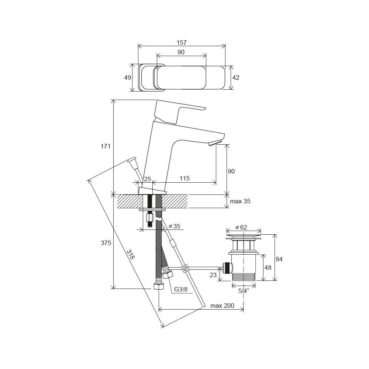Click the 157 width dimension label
click(182, 42)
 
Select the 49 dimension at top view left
click(128, 77)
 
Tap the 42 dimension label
click(235, 77)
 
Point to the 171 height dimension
click(106, 146)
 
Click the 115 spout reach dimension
click(184, 178)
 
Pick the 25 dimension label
click(147, 179)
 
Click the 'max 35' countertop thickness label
click(240, 201)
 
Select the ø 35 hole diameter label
click(175, 226)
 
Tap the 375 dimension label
click(106, 243)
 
